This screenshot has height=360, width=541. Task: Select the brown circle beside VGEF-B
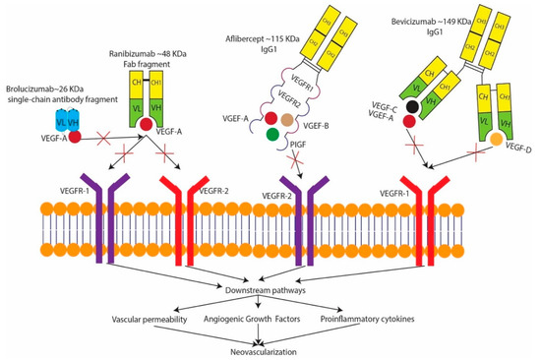point(286,120)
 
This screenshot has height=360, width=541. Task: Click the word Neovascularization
point(266,348)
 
